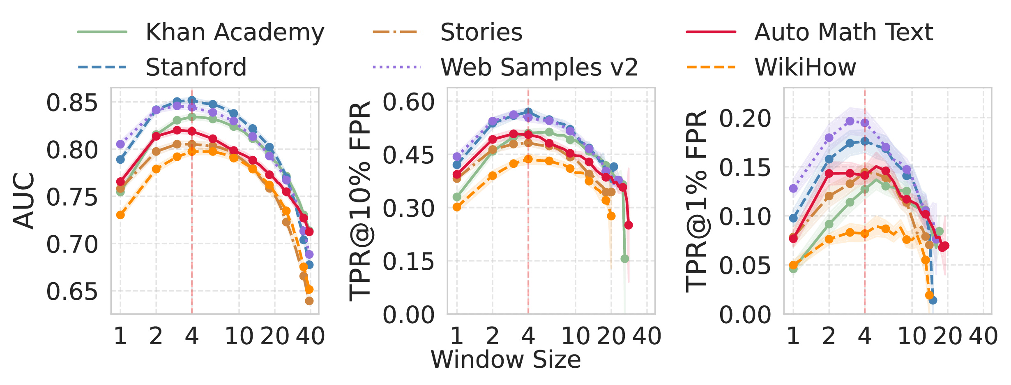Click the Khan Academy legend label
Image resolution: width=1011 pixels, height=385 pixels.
tap(235, 32)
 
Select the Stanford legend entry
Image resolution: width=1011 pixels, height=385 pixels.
tap(196, 67)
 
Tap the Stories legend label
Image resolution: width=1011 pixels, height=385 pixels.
tap(481, 32)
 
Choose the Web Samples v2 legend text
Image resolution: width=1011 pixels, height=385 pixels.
tap(539, 67)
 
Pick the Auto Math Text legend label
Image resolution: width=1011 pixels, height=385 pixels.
tap(843, 32)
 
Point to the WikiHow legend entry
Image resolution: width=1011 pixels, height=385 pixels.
tap(805, 67)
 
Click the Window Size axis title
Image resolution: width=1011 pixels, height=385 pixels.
tap(506, 359)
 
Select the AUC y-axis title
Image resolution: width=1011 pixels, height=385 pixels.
tap(24, 201)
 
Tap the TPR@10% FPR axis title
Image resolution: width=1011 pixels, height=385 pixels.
tap(360, 201)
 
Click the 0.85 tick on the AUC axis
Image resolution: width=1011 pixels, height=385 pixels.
tap(72, 103)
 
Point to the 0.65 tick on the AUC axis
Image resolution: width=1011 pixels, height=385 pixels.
tap(72, 292)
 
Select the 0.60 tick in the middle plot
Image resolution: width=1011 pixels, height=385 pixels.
tap(409, 102)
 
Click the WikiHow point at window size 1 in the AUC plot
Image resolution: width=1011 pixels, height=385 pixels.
tap(120, 215)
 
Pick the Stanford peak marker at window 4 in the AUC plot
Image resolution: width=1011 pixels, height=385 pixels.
tap(192, 100)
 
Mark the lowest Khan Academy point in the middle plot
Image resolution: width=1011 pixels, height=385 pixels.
tap(625, 259)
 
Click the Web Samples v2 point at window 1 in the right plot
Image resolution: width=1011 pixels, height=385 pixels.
tap(793, 188)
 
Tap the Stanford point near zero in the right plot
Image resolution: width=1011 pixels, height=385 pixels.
tap(933, 300)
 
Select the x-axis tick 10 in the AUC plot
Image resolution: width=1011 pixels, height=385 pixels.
tap(239, 336)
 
